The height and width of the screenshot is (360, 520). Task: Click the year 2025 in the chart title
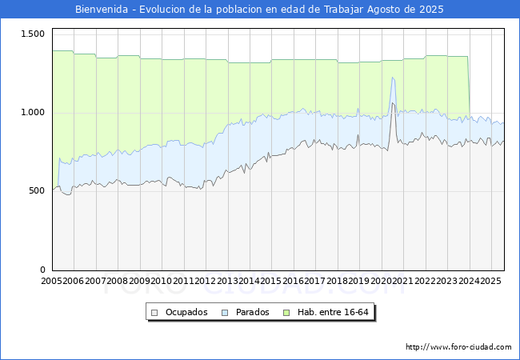pos(429,10)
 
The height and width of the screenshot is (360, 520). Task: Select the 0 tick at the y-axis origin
pos(43,270)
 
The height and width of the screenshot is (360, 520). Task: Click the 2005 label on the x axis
pos(52,282)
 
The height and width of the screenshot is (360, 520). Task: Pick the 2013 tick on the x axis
pos(228,282)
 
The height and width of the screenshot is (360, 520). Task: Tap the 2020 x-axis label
pos(381,282)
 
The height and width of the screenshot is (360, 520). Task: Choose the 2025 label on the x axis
pos(490,282)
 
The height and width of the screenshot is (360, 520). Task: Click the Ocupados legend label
pos(186,312)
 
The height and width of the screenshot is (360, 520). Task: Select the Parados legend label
pos(252,312)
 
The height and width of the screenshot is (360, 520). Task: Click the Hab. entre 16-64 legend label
pos(333,312)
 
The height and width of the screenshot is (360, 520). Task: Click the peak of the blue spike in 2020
pos(393,78)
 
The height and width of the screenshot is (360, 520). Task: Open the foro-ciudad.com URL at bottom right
pos(458,347)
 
